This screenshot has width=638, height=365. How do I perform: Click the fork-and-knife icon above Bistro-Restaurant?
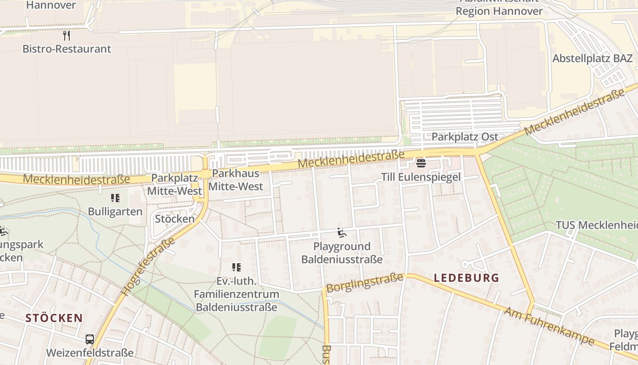(67, 36)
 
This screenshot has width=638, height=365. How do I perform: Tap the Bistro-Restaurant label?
(67, 49)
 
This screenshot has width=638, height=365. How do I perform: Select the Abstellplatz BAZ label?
(592, 58)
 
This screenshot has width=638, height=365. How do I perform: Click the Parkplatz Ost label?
(464, 137)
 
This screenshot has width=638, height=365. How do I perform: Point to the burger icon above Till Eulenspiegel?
(421, 163)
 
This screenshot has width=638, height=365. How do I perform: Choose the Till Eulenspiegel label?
(421, 177)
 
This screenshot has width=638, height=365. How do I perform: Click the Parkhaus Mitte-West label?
(236, 180)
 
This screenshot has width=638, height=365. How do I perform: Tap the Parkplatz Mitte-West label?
(174, 184)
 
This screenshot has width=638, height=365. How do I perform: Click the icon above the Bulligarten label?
(115, 198)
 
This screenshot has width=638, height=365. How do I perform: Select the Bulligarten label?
(115, 212)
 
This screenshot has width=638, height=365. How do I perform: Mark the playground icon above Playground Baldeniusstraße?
(342, 233)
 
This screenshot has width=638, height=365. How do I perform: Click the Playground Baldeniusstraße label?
(342, 253)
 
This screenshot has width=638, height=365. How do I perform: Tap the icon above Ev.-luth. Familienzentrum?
(236, 267)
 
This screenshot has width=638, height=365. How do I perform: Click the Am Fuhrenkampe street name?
(549, 326)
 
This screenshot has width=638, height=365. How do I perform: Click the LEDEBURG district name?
(466, 277)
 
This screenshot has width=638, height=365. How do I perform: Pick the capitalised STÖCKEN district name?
(54, 318)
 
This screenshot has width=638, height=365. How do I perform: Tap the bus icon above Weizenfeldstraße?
(90, 339)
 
